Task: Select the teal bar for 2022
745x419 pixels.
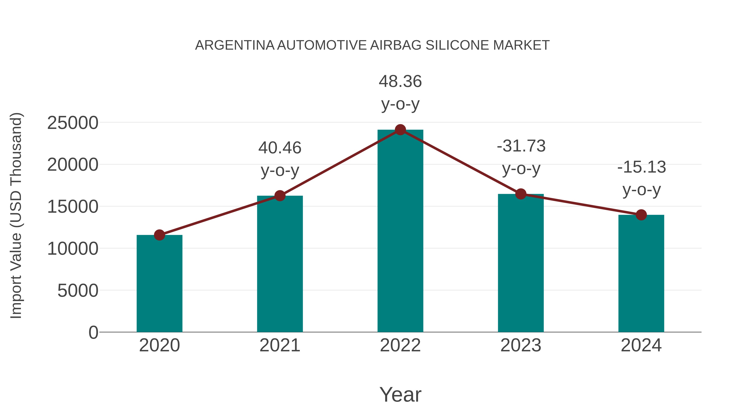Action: (400, 231)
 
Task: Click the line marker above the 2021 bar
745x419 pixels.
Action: (280, 196)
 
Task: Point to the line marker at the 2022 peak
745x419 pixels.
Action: (400, 130)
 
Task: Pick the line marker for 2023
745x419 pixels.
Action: (521, 194)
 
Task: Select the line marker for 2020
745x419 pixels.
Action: (159, 235)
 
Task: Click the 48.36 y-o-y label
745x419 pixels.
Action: (400, 92)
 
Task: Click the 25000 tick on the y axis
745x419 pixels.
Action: (73, 123)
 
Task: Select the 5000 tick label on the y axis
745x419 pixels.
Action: (78, 291)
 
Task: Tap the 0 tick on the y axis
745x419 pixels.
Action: (93, 333)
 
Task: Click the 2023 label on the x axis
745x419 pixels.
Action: (521, 345)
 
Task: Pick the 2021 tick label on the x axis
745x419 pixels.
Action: (280, 345)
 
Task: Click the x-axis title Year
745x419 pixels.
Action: (400, 394)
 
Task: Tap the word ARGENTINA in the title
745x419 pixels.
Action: (234, 45)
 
